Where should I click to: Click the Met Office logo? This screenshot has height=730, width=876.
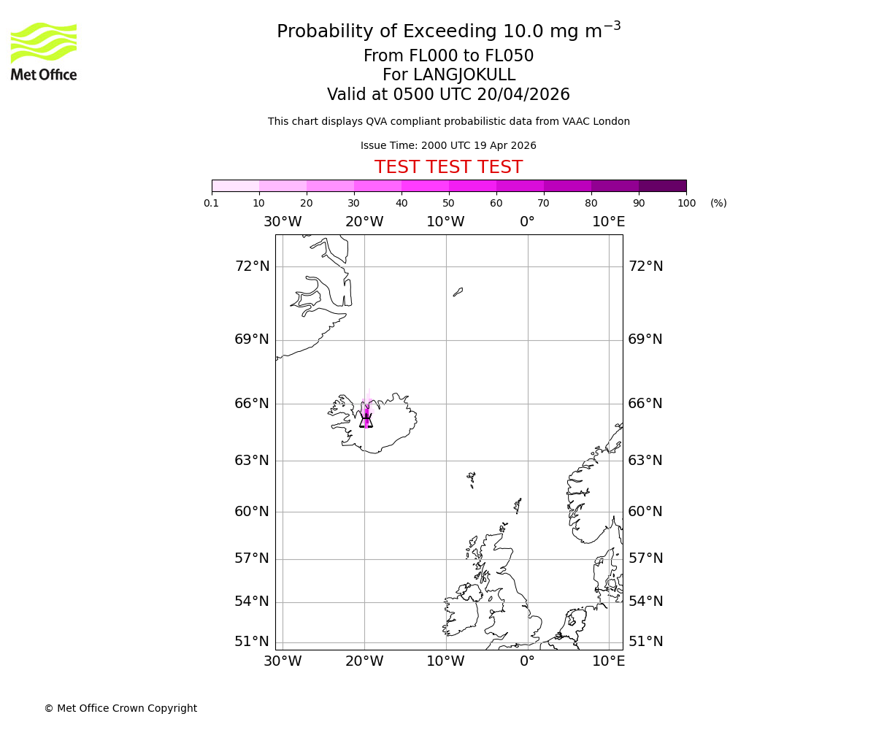click(44, 51)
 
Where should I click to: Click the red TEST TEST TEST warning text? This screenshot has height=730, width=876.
click(448, 167)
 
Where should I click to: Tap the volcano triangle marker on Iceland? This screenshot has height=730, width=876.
click(366, 420)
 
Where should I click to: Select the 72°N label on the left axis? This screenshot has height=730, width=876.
click(252, 266)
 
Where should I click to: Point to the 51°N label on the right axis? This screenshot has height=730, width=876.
click(645, 641)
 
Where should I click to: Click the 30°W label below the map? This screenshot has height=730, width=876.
click(283, 661)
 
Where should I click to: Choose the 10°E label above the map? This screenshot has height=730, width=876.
click(608, 221)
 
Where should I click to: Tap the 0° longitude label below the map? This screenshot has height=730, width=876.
click(527, 661)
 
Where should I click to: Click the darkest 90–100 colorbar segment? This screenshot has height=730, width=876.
click(662, 185)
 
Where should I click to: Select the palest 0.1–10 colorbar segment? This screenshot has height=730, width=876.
click(235, 185)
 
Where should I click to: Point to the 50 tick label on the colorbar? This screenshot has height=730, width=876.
click(448, 203)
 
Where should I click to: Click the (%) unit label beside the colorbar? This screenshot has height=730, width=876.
click(718, 203)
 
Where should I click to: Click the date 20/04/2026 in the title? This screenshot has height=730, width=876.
click(523, 94)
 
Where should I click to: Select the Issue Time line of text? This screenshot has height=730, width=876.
click(448, 145)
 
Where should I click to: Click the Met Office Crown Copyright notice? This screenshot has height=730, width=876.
click(120, 708)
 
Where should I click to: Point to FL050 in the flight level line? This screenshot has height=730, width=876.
click(510, 56)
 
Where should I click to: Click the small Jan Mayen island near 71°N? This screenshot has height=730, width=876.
click(458, 291)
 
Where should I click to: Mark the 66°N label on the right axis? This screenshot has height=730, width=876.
click(645, 403)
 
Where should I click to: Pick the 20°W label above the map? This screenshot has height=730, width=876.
click(364, 221)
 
